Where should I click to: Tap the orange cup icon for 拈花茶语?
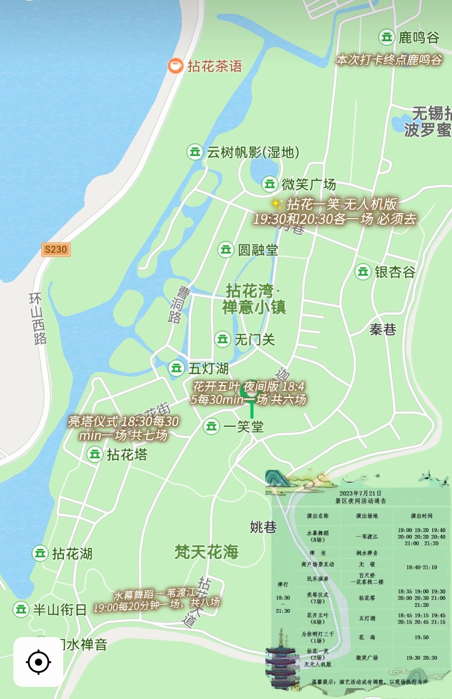[175, 66]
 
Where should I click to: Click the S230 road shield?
[56, 249]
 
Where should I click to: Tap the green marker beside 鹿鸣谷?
[386, 37]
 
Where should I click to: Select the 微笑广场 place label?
[308, 184]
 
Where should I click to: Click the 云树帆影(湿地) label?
[253, 152]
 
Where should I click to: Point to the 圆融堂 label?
[258, 250]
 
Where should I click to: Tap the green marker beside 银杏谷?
[362, 272]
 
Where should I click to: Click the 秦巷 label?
[383, 329]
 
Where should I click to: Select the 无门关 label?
[254, 339]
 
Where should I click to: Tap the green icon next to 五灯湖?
[176, 368]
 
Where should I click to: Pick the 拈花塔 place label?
[127, 455]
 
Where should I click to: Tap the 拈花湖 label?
[72, 554]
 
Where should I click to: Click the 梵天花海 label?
[206, 552]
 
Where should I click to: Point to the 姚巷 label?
[263, 527]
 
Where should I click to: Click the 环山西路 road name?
[38, 319]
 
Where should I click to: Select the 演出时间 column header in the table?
[421, 516]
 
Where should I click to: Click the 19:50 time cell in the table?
[421, 637]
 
